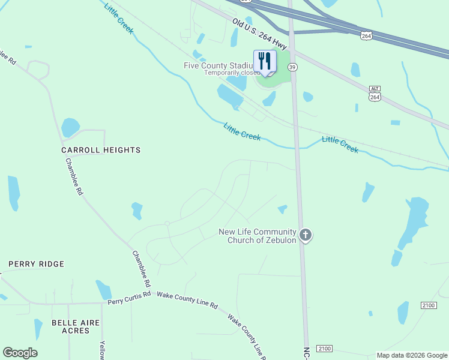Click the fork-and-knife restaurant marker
(265, 61)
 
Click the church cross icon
(306, 235)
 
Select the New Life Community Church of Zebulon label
(257, 236)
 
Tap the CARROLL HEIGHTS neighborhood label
(101, 150)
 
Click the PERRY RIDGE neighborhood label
(36, 264)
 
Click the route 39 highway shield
(292, 68)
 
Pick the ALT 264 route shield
(375, 94)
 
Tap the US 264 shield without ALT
(366, 35)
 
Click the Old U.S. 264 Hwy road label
(260, 34)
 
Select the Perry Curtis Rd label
(130, 298)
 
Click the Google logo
(20, 353)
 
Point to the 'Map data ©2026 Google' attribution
(412, 355)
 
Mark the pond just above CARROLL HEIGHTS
(70, 127)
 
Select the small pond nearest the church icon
(282, 209)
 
